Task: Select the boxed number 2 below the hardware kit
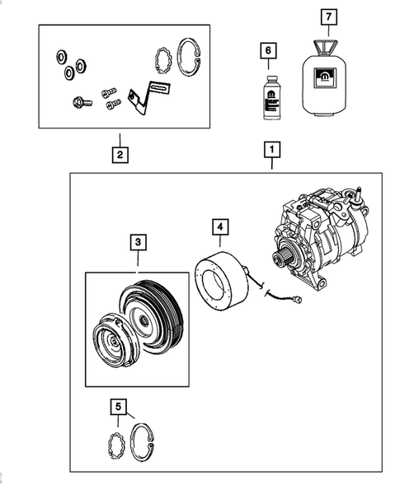coord(120,153)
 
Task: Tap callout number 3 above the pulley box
coord(138,242)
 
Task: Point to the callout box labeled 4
coord(219,226)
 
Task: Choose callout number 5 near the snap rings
coord(119,406)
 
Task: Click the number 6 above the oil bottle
coord(266,51)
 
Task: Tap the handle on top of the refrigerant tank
coord(327,43)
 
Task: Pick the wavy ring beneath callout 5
coord(117,445)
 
